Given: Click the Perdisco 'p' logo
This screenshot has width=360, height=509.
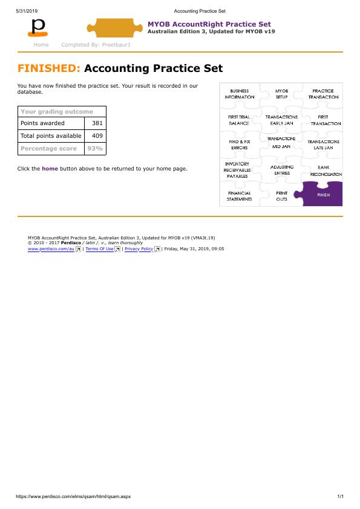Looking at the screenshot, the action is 39,27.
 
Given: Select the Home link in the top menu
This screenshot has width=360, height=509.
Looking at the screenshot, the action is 41,45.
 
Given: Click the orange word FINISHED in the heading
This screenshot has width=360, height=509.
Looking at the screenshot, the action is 49,68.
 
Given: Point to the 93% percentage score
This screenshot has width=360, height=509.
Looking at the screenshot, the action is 95,148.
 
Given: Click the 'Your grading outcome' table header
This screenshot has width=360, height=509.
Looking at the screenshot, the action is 57,111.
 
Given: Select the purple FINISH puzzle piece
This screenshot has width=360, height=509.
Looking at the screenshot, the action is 323,195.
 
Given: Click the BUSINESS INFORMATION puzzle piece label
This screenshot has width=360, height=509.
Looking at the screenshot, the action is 240,94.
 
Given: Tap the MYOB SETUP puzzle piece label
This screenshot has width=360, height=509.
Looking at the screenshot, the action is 281,94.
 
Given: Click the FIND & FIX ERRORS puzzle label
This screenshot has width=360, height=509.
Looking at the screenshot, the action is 240,144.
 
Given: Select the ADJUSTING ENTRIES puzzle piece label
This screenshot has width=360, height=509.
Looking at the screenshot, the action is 281,170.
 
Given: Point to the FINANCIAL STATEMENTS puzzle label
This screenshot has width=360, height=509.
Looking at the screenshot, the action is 239,196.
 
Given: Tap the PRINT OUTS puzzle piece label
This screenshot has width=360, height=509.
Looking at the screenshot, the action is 282,196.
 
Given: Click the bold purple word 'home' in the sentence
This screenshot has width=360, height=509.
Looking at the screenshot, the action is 50,169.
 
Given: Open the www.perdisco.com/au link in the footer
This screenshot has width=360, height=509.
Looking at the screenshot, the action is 51,248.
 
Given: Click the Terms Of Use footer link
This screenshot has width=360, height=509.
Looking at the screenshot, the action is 99,248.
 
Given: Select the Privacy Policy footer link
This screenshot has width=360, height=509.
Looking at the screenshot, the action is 139,248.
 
